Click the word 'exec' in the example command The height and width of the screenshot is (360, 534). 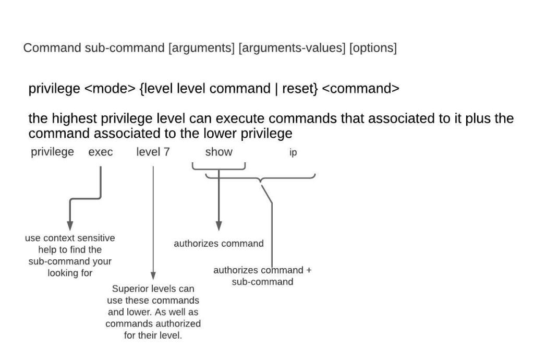[x=101, y=152]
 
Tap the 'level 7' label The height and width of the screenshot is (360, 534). [x=153, y=152]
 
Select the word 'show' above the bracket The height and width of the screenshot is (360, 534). [x=219, y=152]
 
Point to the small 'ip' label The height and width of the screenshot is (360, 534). [x=293, y=153]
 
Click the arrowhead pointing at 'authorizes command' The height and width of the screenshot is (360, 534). [x=219, y=225]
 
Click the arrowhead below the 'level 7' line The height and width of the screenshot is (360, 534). [x=153, y=275]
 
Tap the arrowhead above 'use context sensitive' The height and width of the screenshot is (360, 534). [x=70, y=225]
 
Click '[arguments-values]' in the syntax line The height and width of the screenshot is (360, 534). [x=293, y=48]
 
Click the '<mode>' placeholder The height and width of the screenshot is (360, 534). [x=110, y=89]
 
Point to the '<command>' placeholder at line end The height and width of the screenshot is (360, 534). [x=361, y=89]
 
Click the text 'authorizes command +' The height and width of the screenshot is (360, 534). [x=262, y=270]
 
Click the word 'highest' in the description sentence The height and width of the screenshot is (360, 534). [x=71, y=118]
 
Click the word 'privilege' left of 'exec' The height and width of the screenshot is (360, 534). [x=52, y=152]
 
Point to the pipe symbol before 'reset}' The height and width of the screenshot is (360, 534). [x=276, y=89]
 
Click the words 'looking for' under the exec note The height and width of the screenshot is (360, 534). [x=70, y=273]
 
